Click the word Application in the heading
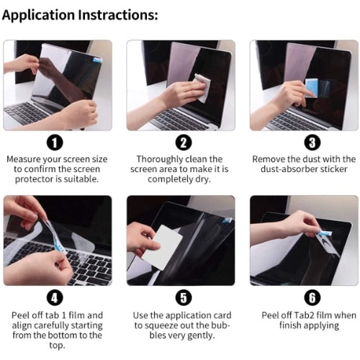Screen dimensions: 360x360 pyautogui.click(x=38, y=15)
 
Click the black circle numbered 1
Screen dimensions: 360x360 pyautogui.click(x=55, y=143)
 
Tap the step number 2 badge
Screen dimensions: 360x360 pyautogui.click(x=184, y=143)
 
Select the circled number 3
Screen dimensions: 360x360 pyautogui.click(x=312, y=143)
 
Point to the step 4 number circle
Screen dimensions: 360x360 pyautogui.click(x=55, y=298)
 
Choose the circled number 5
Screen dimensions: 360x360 pyautogui.click(x=184, y=298)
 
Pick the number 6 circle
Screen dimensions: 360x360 pyautogui.click(x=312, y=298)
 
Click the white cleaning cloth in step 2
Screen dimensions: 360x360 pyautogui.click(x=202, y=88)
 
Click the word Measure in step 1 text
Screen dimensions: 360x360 pyautogui.click(x=24, y=159)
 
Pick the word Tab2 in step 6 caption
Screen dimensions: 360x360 pyautogui.click(x=304, y=315)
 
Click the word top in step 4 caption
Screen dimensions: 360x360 pyautogui.click(x=57, y=346)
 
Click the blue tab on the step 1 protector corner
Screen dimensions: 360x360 pyautogui.click(x=97, y=59)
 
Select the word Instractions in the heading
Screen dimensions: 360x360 pyautogui.click(x=118, y=15)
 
